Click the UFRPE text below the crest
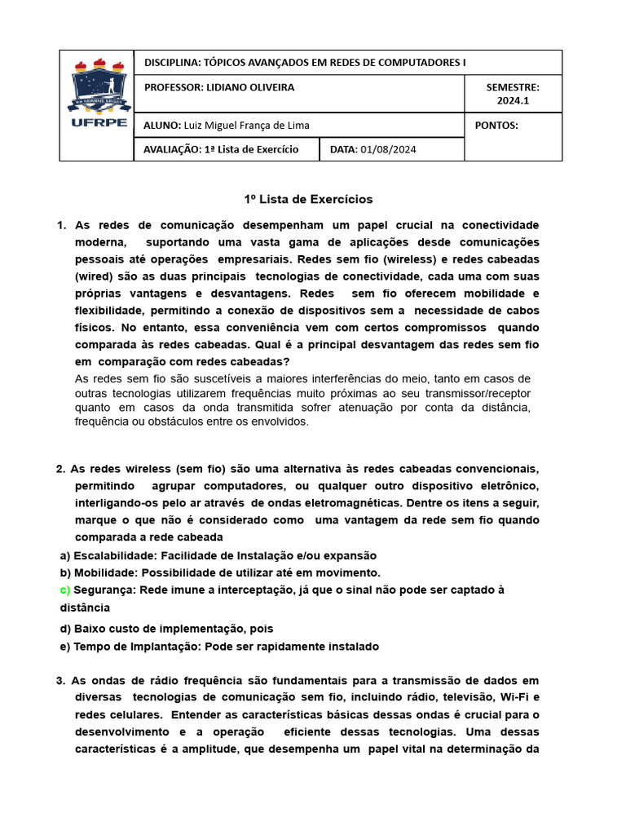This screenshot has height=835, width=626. [x=97, y=123]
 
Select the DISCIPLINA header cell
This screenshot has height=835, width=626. [x=305, y=62]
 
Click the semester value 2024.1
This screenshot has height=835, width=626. [x=513, y=101]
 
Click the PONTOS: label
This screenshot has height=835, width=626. [x=496, y=125]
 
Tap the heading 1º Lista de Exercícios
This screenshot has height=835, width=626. [x=309, y=199]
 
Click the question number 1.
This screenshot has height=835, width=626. [x=61, y=225]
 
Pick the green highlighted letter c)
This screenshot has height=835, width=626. [x=65, y=590]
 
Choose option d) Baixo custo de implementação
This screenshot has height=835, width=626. [x=166, y=629]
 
